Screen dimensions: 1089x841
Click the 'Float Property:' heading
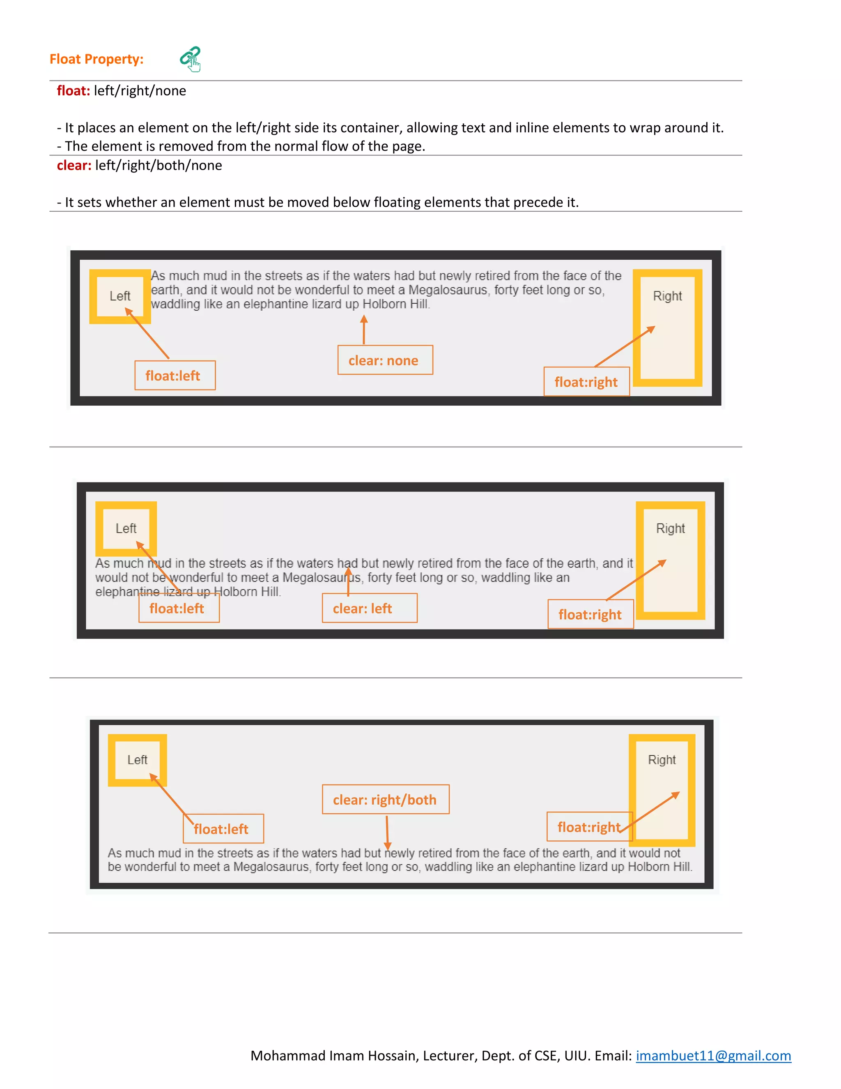tap(96, 59)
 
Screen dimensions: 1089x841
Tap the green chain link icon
tap(190, 59)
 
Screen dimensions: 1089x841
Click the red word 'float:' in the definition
tap(73, 91)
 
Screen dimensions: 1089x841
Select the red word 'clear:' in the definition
tap(74, 166)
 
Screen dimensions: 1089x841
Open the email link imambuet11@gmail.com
tap(713, 1056)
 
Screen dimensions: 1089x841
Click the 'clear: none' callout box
tap(385, 360)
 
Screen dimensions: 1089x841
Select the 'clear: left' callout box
tap(369, 608)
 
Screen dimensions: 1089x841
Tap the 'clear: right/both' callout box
tap(385, 799)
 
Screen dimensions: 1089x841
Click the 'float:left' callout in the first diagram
tap(175, 376)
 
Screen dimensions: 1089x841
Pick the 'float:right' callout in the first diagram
tap(586, 382)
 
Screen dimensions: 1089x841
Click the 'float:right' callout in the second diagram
tap(591, 614)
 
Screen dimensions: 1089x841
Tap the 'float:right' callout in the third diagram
tap(589, 827)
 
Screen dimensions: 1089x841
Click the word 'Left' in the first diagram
tap(120, 296)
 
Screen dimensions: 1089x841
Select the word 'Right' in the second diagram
tap(670, 528)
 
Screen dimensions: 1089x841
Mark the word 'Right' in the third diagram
tap(662, 760)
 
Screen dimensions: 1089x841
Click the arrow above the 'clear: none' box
tap(364, 329)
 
